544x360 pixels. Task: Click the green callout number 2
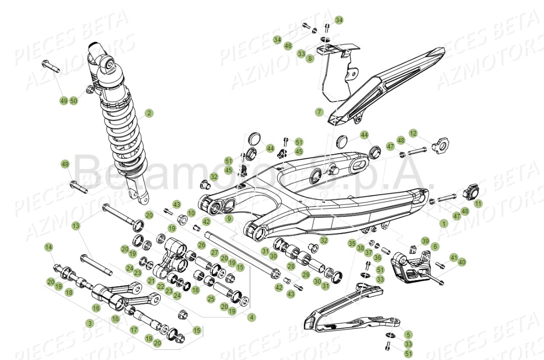149,113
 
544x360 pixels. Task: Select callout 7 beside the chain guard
319,112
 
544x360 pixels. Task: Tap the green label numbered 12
414,133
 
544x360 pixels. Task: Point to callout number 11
478,203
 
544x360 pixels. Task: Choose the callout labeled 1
444,223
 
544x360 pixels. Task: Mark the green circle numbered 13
76,226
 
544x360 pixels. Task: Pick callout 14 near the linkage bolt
49,247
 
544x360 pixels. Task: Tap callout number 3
90,323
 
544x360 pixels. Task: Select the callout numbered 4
252,317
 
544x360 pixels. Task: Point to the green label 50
74,101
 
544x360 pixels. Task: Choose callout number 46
288,46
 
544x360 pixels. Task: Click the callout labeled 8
310,59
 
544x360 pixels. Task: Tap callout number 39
425,241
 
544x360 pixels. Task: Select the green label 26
201,246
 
